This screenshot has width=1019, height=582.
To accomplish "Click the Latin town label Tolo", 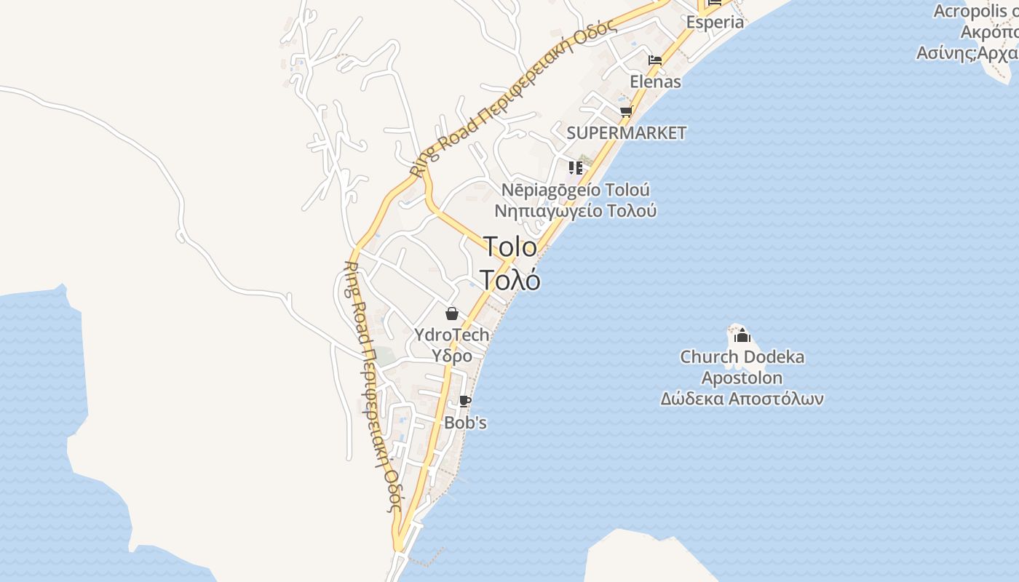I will [510, 247].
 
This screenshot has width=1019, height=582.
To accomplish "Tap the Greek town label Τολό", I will [510, 280].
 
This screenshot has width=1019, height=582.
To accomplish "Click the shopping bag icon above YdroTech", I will [452, 314].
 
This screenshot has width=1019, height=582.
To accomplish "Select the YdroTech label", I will [451, 335].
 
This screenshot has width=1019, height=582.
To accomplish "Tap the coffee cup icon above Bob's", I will [465, 402].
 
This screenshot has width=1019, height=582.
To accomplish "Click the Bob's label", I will [465, 423].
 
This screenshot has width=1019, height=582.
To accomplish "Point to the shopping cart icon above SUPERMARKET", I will [626, 112].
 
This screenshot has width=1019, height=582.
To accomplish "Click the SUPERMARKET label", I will [626, 133].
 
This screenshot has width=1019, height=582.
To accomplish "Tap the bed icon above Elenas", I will [655, 60].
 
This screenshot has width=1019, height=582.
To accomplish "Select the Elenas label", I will [655, 81].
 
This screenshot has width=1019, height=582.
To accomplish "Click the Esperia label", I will [715, 22].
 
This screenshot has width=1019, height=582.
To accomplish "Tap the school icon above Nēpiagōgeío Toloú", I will [576, 168].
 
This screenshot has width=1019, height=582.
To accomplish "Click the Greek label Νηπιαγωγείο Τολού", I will [576, 211].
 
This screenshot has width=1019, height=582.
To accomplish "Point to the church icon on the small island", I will [742, 335].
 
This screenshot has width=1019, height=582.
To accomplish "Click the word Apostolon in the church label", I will [742, 378].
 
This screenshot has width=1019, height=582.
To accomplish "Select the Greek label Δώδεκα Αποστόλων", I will [742, 399].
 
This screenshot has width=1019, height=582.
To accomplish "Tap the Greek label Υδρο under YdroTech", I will [452, 356].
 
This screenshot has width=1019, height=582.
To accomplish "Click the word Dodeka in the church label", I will [773, 357].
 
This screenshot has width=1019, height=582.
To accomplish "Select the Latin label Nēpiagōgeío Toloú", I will [576, 190].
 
